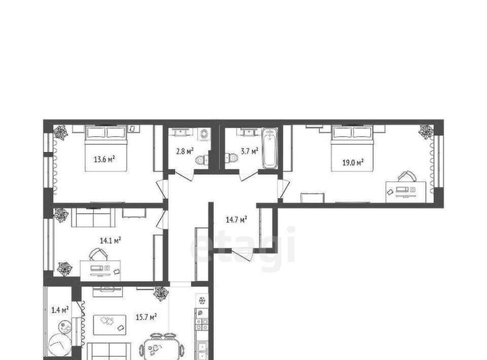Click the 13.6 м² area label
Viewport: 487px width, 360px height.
(x=105, y=160)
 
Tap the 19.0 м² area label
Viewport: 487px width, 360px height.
(x=353, y=162)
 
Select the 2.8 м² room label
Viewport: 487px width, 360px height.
(x=185, y=152)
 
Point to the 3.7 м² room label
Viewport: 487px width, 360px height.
(x=250, y=152)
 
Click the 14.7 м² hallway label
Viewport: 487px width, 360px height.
(x=236, y=220)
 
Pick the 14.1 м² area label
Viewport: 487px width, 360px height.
(x=110, y=240)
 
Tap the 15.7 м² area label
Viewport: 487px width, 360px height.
(x=146, y=317)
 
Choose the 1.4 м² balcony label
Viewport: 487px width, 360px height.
(x=60, y=310)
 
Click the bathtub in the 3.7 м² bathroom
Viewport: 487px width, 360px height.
(x=269, y=149)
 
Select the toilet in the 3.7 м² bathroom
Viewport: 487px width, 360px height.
(x=231, y=158)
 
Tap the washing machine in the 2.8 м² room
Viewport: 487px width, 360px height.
(x=204, y=134)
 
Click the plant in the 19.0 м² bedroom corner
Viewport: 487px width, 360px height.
(x=426, y=132)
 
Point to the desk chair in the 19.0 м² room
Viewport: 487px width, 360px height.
(x=407, y=176)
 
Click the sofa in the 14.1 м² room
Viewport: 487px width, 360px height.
(x=93, y=218)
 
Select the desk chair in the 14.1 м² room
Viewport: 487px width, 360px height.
(x=98, y=254)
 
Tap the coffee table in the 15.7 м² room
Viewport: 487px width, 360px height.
(x=110, y=325)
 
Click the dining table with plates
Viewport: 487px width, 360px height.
(x=161, y=349)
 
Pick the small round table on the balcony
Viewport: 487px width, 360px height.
(x=65, y=328)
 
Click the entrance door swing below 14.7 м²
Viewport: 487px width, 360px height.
(x=242, y=255)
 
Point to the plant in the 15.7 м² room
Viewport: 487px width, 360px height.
(x=161, y=294)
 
